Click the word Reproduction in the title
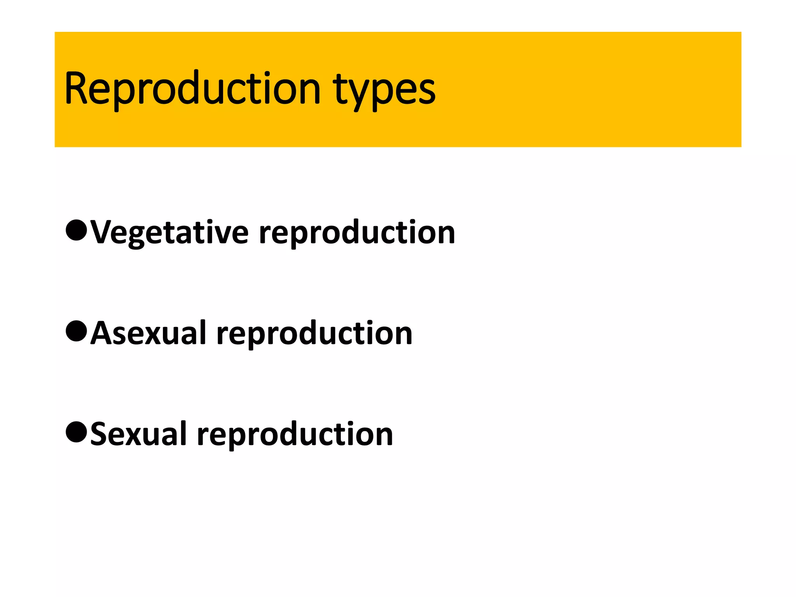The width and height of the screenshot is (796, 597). click(x=192, y=89)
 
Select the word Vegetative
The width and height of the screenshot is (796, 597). click(x=169, y=232)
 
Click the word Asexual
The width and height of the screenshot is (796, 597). click(x=148, y=333)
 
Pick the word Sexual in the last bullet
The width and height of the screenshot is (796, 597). click(x=138, y=434)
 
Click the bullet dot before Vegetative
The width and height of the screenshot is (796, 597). click(x=76, y=230)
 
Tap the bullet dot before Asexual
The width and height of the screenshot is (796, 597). click(x=76, y=331)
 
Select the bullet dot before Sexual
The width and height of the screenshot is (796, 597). click(x=76, y=432)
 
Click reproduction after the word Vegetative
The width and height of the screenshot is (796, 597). click(x=357, y=233)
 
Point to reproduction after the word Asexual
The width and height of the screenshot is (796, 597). click(x=314, y=334)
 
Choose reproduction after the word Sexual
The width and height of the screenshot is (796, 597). click(x=295, y=435)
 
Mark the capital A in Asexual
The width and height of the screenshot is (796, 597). click(x=101, y=333)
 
